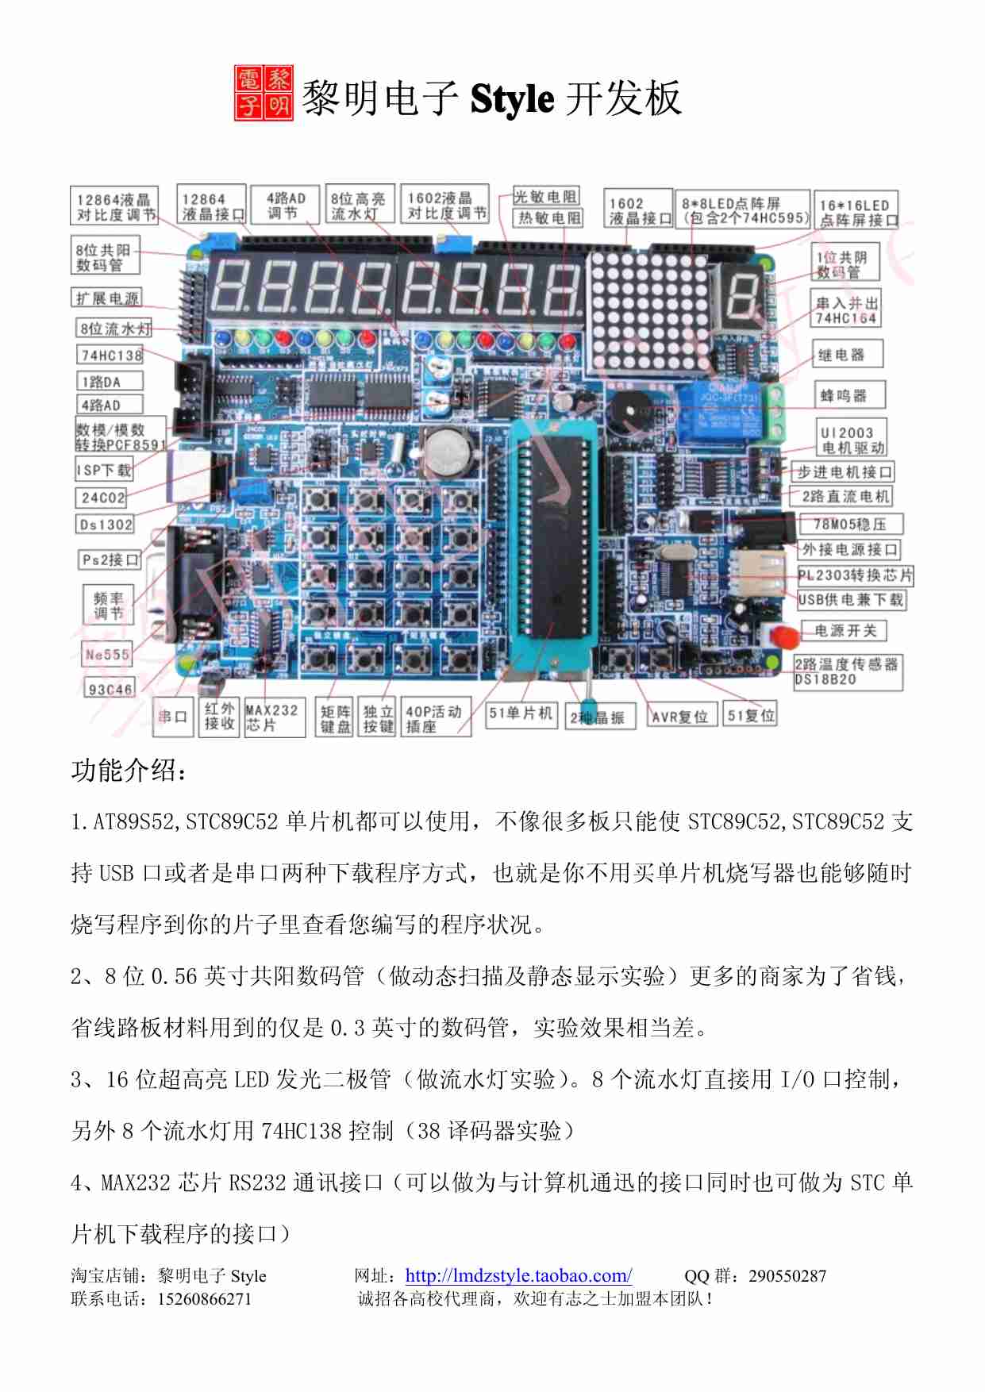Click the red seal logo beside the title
264,94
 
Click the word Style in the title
512,99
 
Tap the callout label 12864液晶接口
212,206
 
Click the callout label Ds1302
106,524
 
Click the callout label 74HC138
110,355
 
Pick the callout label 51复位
751,715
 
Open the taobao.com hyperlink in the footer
518,1275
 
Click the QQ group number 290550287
787,1275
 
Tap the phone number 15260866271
204,1299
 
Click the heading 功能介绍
129,770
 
